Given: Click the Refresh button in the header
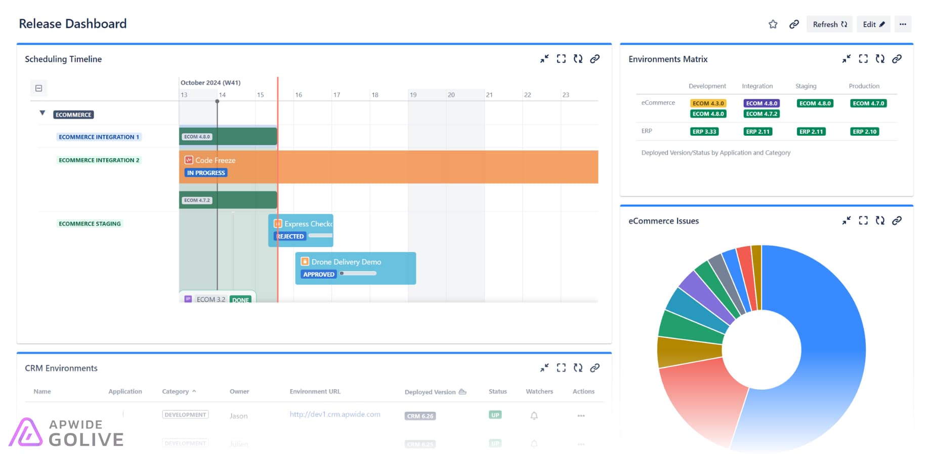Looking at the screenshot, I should (x=829, y=24).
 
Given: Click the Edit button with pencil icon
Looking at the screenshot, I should (x=873, y=24).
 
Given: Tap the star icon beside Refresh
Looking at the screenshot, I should (x=773, y=24).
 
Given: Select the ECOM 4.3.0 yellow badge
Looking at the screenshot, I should (x=708, y=103).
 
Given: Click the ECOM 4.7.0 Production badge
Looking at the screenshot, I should (x=868, y=103).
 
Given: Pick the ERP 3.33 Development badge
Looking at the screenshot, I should (x=704, y=132).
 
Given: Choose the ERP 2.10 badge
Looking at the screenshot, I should (x=865, y=132).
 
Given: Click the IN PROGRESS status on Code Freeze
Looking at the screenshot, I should (x=206, y=173).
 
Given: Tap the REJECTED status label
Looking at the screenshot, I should (x=290, y=237).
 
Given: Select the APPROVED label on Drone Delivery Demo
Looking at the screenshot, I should (x=319, y=275).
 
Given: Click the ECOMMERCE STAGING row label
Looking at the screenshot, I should (x=90, y=224).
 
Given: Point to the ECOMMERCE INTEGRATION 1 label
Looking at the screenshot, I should (x=99, y=137).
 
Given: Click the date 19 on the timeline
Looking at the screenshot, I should (x=413, y=95).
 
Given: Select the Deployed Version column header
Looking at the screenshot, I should (x=430, y=392).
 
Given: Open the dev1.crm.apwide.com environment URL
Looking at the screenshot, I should (x=335, y=414).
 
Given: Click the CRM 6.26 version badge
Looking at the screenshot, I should (x=420, y=416).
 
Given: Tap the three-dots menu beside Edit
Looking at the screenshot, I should (x=903, y=24).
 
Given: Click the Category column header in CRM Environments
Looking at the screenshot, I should (x=175, y=392).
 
